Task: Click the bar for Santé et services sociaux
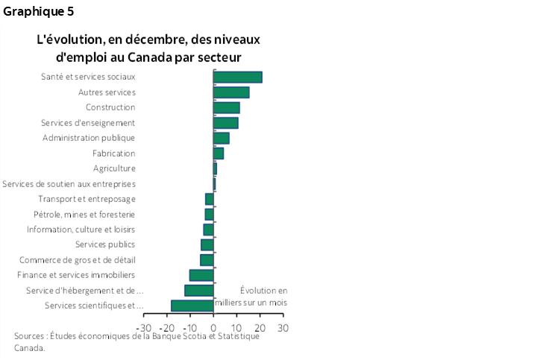[x=237, y=77]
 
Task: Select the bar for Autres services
[x=231, y=92]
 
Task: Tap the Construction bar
[x=226, y=107]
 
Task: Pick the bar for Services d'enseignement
[x=225, y=123]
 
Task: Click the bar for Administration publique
[x=221, y=138]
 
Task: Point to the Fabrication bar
[x=219, y=154]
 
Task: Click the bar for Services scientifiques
[x=192, y=306]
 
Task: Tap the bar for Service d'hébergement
[x=199, y=291]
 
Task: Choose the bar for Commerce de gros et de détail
[x=207, y=260]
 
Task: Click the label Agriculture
[x=114, y=168]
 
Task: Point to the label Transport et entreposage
[x=87, y=199]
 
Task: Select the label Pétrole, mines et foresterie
[x=84, y=215]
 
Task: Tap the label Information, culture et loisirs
[x=81, y=230]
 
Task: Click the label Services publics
[x=105, y=244]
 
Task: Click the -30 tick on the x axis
[x=145, y=327]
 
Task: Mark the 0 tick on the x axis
[x=213, y=327]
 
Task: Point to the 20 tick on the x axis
[x=260, y=327]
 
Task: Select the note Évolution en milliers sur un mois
[x=251, y=297]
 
